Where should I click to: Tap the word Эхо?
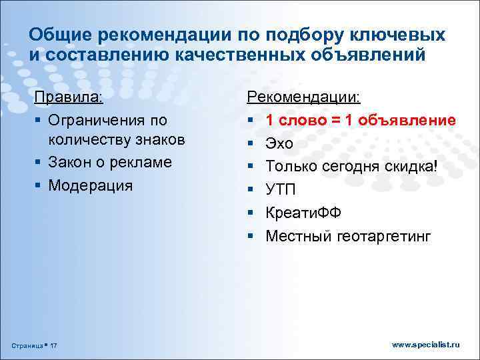click(x=279, y=143)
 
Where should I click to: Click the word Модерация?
click(x=91, y=185)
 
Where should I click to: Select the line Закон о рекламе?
click(x=110, y=162)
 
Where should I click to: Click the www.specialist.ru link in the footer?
click(x=426, y=345)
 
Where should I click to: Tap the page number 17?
click(x=54, y=345)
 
